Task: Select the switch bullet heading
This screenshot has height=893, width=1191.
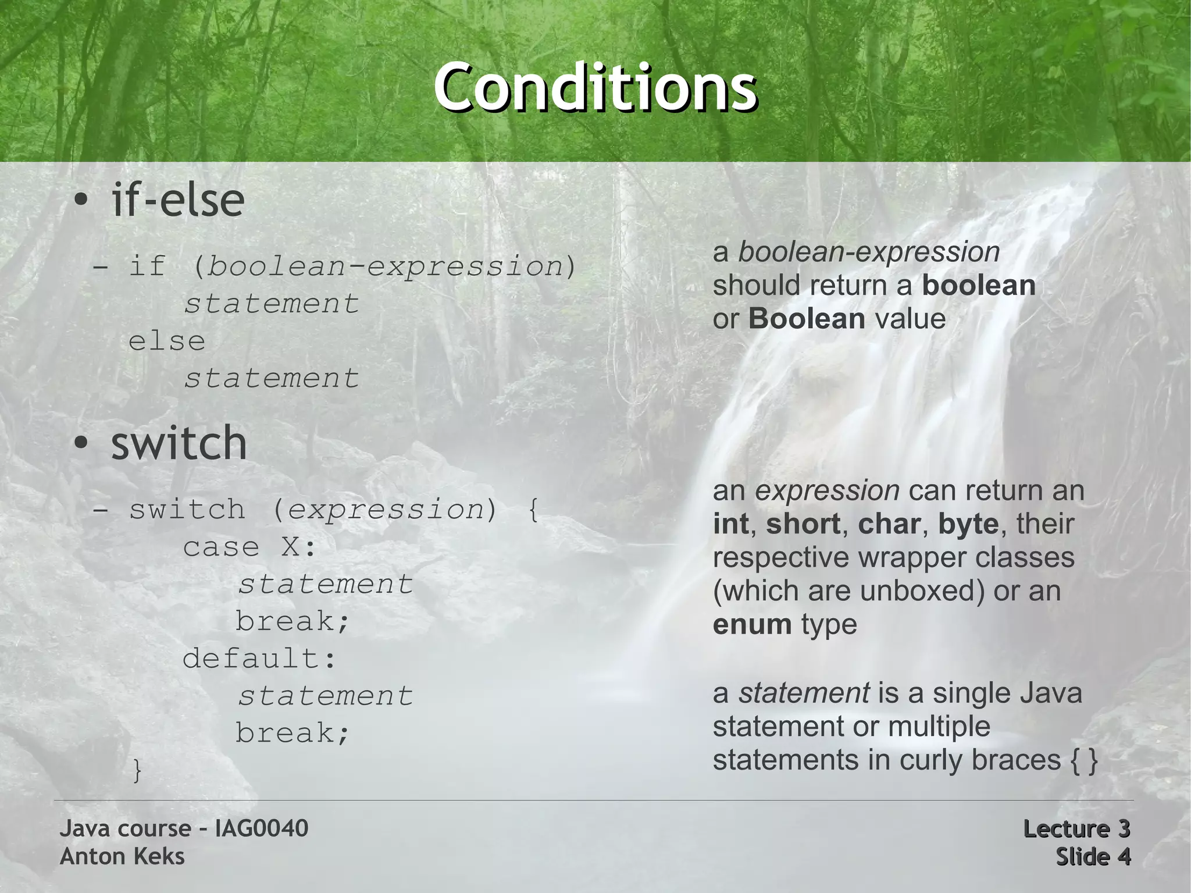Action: (179, 443)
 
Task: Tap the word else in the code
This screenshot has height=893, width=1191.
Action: (167, 341)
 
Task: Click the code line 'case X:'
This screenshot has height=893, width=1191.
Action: (249, 547)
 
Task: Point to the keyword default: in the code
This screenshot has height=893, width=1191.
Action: (259, 659)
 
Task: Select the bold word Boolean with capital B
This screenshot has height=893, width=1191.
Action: (807, 319)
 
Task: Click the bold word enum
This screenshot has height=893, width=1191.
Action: (752, 624)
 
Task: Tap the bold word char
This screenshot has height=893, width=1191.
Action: (889, 524)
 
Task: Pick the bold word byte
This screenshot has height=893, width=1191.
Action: (968, 524)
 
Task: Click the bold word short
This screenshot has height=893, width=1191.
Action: (803, 524)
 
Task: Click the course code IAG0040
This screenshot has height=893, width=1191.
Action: (262, 828)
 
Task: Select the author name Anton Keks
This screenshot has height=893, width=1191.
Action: (122, 856)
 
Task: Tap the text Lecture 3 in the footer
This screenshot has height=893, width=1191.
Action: (1076, 828)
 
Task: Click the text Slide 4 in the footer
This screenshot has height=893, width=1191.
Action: (1093, 856)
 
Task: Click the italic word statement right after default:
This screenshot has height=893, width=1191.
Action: (326, 696)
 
